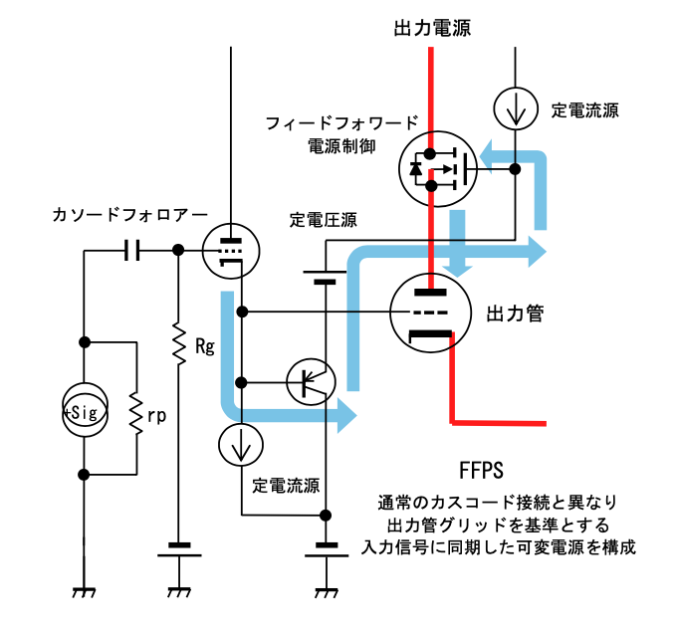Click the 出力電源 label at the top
click(x=431, y=29)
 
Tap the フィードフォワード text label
click(x=341, y=123)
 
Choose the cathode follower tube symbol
click(x=230, y=250)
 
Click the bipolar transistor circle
click(x=311, y=381)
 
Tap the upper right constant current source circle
click(x=515, y=108)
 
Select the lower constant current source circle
click(x=241, y=445)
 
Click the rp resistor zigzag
click(x=134, y=410)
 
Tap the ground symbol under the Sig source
click(x=85, y=592)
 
